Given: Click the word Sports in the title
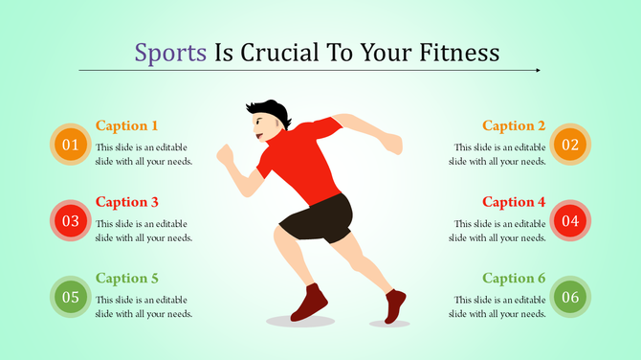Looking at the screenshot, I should point(170,52).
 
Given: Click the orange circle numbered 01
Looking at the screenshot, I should point(70,145).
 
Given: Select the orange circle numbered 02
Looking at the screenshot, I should point(570,145).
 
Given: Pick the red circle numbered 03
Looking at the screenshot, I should point(70,221).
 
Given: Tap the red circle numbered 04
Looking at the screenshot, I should point(570,221).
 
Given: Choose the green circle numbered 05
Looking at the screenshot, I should point(70,297).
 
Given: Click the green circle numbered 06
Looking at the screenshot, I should point(570,297).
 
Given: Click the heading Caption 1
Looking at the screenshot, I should point(127,125).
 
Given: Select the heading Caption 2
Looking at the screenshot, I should point(514,125).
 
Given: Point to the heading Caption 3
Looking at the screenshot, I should point(127,202).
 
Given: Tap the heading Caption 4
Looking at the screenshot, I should point(514,202).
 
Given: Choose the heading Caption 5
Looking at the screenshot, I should point(127,278).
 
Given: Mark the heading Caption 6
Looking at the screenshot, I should point(514,278).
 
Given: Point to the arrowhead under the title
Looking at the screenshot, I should point(538,70).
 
